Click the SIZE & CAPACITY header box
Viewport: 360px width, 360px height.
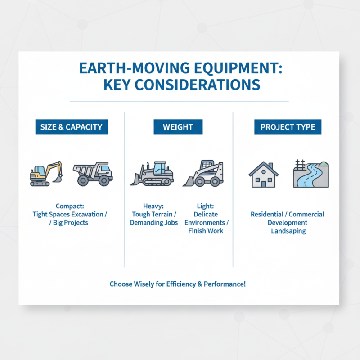click(x=72, y=127)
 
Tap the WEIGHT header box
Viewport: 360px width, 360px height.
click(x=178, y=127)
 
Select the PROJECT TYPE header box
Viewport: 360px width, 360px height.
click(x=288, y=127)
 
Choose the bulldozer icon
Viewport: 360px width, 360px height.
click(x=152, y=174)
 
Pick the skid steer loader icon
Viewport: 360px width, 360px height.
click(x=204, y=174)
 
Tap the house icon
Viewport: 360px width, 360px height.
click(x=263, y=175)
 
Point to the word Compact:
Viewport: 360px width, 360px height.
click(x=70, y=206)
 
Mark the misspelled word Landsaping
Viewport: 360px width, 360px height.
click(x=288, y=231)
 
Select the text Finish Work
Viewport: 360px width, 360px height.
click(x=206, y=231)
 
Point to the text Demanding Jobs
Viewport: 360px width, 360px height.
click(x=154, y=223)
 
